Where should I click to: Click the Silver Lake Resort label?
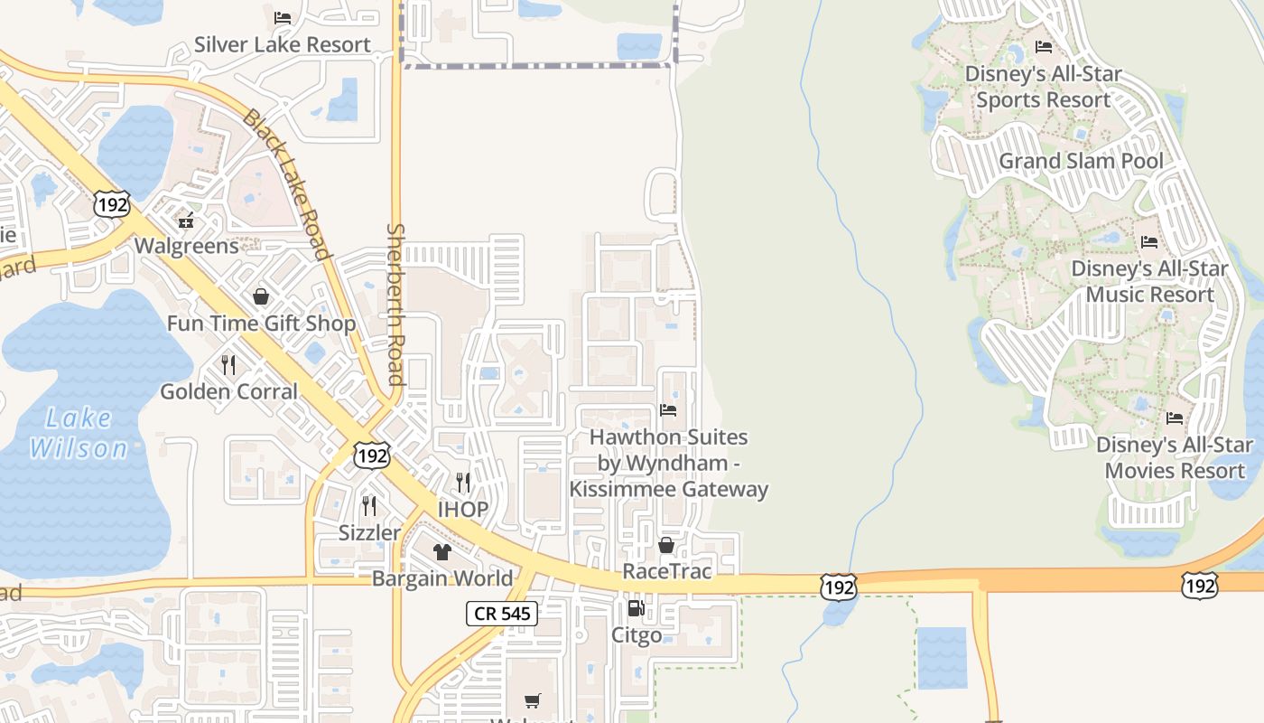point(282,44)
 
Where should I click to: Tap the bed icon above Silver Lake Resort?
point(282,17)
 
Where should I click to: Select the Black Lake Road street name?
point(286,183)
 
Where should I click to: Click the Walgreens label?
point(187,246)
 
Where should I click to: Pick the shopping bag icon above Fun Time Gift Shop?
point(261,296)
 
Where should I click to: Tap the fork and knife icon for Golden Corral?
point(228,364)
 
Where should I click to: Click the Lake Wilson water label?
point(79,433)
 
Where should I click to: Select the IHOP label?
point(463,509)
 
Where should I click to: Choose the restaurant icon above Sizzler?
point(368,505)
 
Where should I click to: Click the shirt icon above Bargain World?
point(441,551)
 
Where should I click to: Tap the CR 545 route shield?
point(502,615)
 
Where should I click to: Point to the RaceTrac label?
point(666,571)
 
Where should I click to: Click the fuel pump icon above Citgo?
point(636,608)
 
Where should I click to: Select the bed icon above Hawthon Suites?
point(668,410)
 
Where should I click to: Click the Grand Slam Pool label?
point(1081,161)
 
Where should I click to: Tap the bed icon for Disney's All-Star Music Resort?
point(1149,242)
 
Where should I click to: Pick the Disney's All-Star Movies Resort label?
point(1175,457)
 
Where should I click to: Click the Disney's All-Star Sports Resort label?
point(1043,87)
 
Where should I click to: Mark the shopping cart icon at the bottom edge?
point(533,700)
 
